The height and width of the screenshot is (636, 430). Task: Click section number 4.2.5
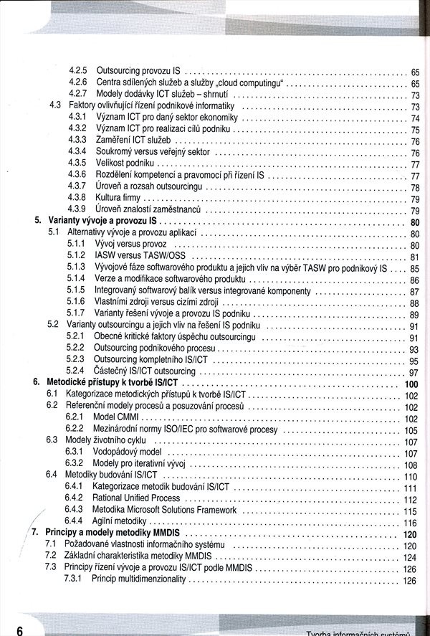pos(78,72)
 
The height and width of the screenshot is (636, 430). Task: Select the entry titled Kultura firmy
pos(118,198)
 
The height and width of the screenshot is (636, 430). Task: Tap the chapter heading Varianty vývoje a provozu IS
pos(102,222)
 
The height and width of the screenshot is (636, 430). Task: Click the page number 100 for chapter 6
pos(411,384)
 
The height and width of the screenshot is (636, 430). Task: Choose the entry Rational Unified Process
pos(136,498)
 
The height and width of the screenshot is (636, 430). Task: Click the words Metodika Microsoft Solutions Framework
pos(164,511)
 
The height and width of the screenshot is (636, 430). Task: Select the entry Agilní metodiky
pos(120,521)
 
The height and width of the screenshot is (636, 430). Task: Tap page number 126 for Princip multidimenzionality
pos(411,580)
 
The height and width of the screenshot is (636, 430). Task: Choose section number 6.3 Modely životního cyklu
pos(53,441)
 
